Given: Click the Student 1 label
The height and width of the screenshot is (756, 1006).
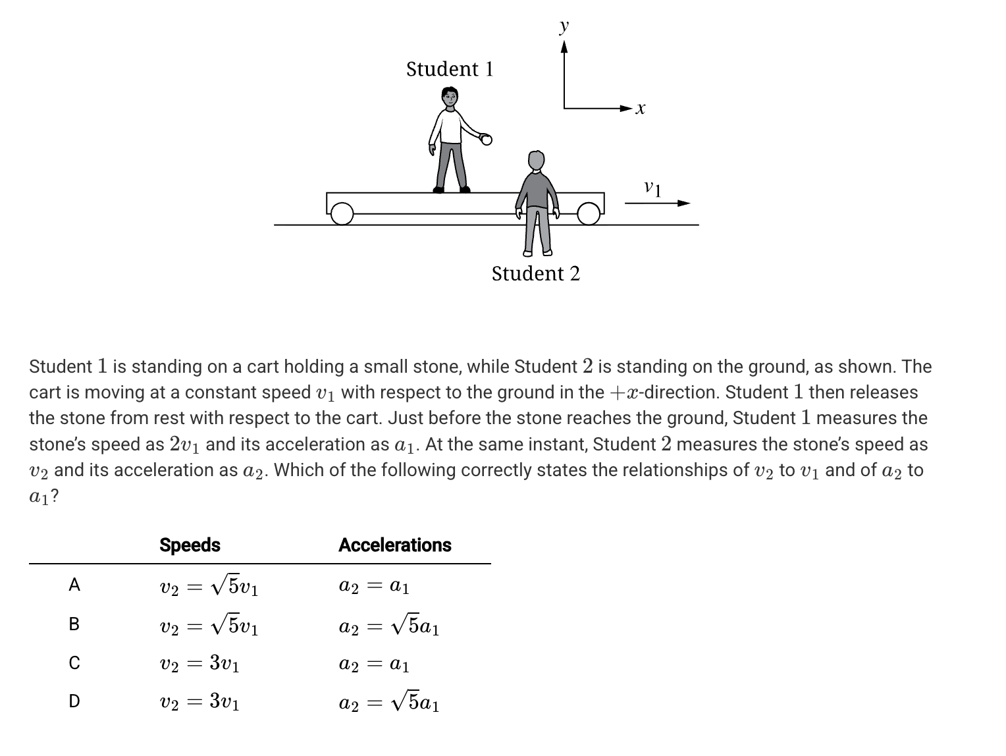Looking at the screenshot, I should (450, 69).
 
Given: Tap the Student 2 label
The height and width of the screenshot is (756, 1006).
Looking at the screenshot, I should (536, 273).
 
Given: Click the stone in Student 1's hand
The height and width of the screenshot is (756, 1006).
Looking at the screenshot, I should (486, 139).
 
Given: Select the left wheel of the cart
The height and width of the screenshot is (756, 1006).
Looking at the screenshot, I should (342, 213).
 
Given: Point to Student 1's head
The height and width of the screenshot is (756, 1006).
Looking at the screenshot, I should (450, 98).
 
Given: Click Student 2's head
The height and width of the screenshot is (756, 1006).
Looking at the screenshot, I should (537, 160).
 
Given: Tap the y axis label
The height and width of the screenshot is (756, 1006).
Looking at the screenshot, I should (564, 27).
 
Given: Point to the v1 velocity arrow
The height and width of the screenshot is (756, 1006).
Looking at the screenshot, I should (657, 203).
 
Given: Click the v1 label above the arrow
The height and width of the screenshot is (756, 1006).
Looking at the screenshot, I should (652, 188).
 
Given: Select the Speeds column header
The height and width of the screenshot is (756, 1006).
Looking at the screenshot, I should (190, 545).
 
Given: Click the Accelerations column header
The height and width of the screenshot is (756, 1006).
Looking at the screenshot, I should (395, 545).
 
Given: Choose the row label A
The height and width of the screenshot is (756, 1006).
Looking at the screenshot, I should (74, 585).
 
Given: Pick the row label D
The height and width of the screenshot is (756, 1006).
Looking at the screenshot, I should (74, 701).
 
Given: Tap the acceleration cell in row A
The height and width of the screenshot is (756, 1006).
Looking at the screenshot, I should (374, 585).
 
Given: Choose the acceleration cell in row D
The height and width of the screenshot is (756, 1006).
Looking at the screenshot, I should (388, 702).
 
